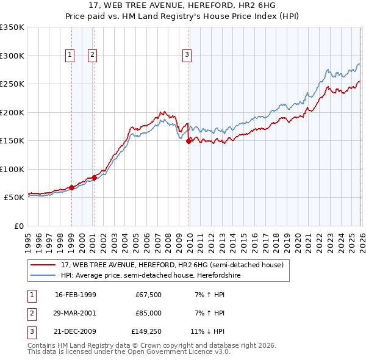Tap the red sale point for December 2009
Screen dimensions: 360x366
coord(188,141)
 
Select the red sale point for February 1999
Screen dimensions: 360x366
coord(72,187)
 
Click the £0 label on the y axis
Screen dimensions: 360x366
coord(18,226)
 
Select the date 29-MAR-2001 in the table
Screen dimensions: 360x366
coord(75,313)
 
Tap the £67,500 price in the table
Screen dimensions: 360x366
coord(148,295)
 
